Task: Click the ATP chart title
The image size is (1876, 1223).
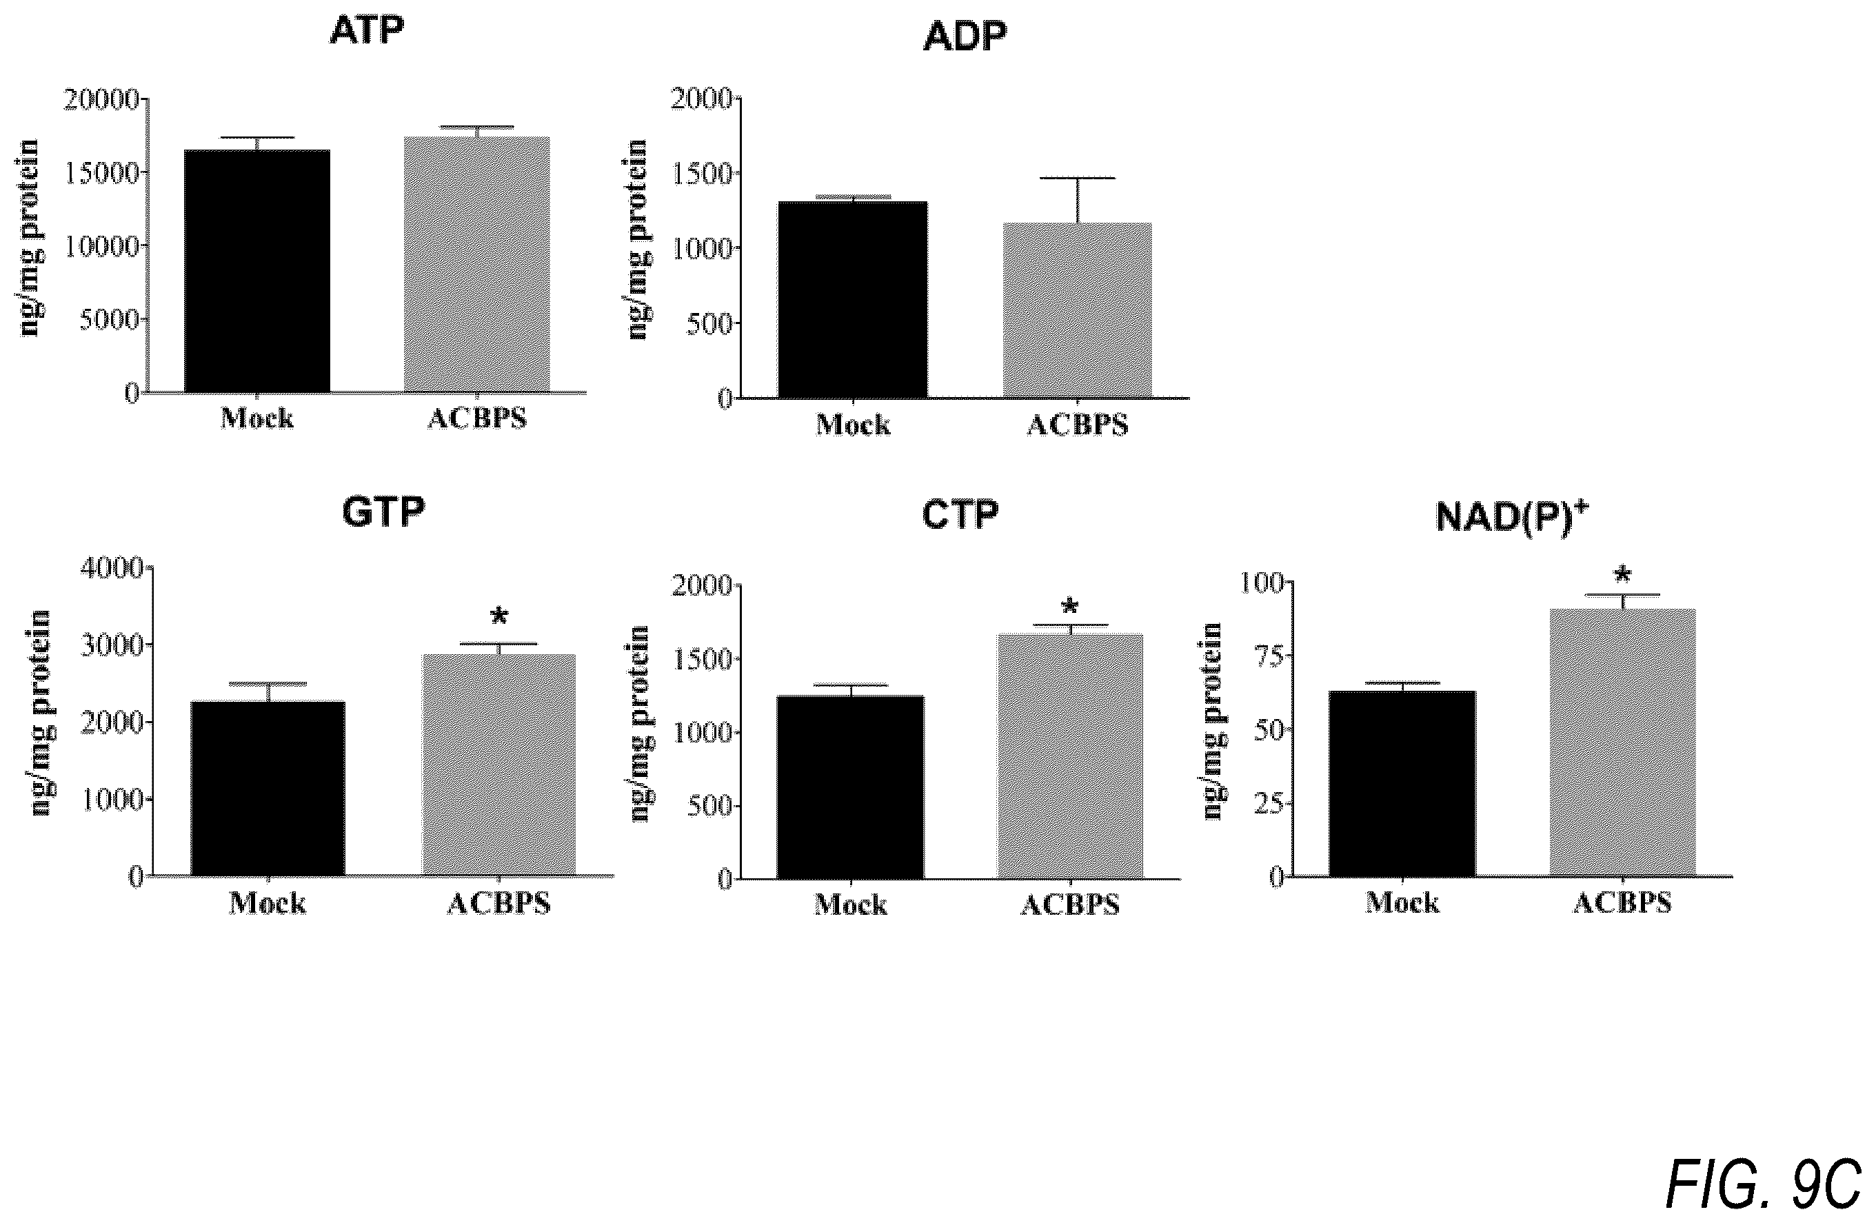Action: [x=367, y=31]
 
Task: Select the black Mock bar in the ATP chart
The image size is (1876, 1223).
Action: [x=257, y=271]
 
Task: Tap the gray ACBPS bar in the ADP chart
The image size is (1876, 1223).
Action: [x=1077, y=310]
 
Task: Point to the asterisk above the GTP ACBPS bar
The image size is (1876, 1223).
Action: [x=498, y=616]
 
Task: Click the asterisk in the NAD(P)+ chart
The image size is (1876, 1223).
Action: [x=1622, y=574]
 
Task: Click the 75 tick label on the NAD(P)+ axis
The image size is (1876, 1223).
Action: [x=1266, y=656]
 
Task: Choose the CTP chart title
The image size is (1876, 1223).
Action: [x=960, y=514]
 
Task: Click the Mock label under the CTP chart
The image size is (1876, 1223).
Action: [x=851, y=904]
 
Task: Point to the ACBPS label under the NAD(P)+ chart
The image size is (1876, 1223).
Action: [x=1622, y=902]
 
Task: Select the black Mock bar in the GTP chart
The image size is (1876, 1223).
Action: [x=268, y=788]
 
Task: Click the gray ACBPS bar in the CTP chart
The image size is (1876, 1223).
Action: [x=1069, y=756]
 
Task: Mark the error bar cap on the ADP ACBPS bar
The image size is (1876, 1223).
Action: [x=1077, y=178]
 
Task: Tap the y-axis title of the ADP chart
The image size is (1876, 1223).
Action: [x=638, y=239]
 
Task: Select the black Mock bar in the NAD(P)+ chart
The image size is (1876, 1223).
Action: [x=1402, y=783]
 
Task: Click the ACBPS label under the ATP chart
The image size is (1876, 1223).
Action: [x=477, y=418]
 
